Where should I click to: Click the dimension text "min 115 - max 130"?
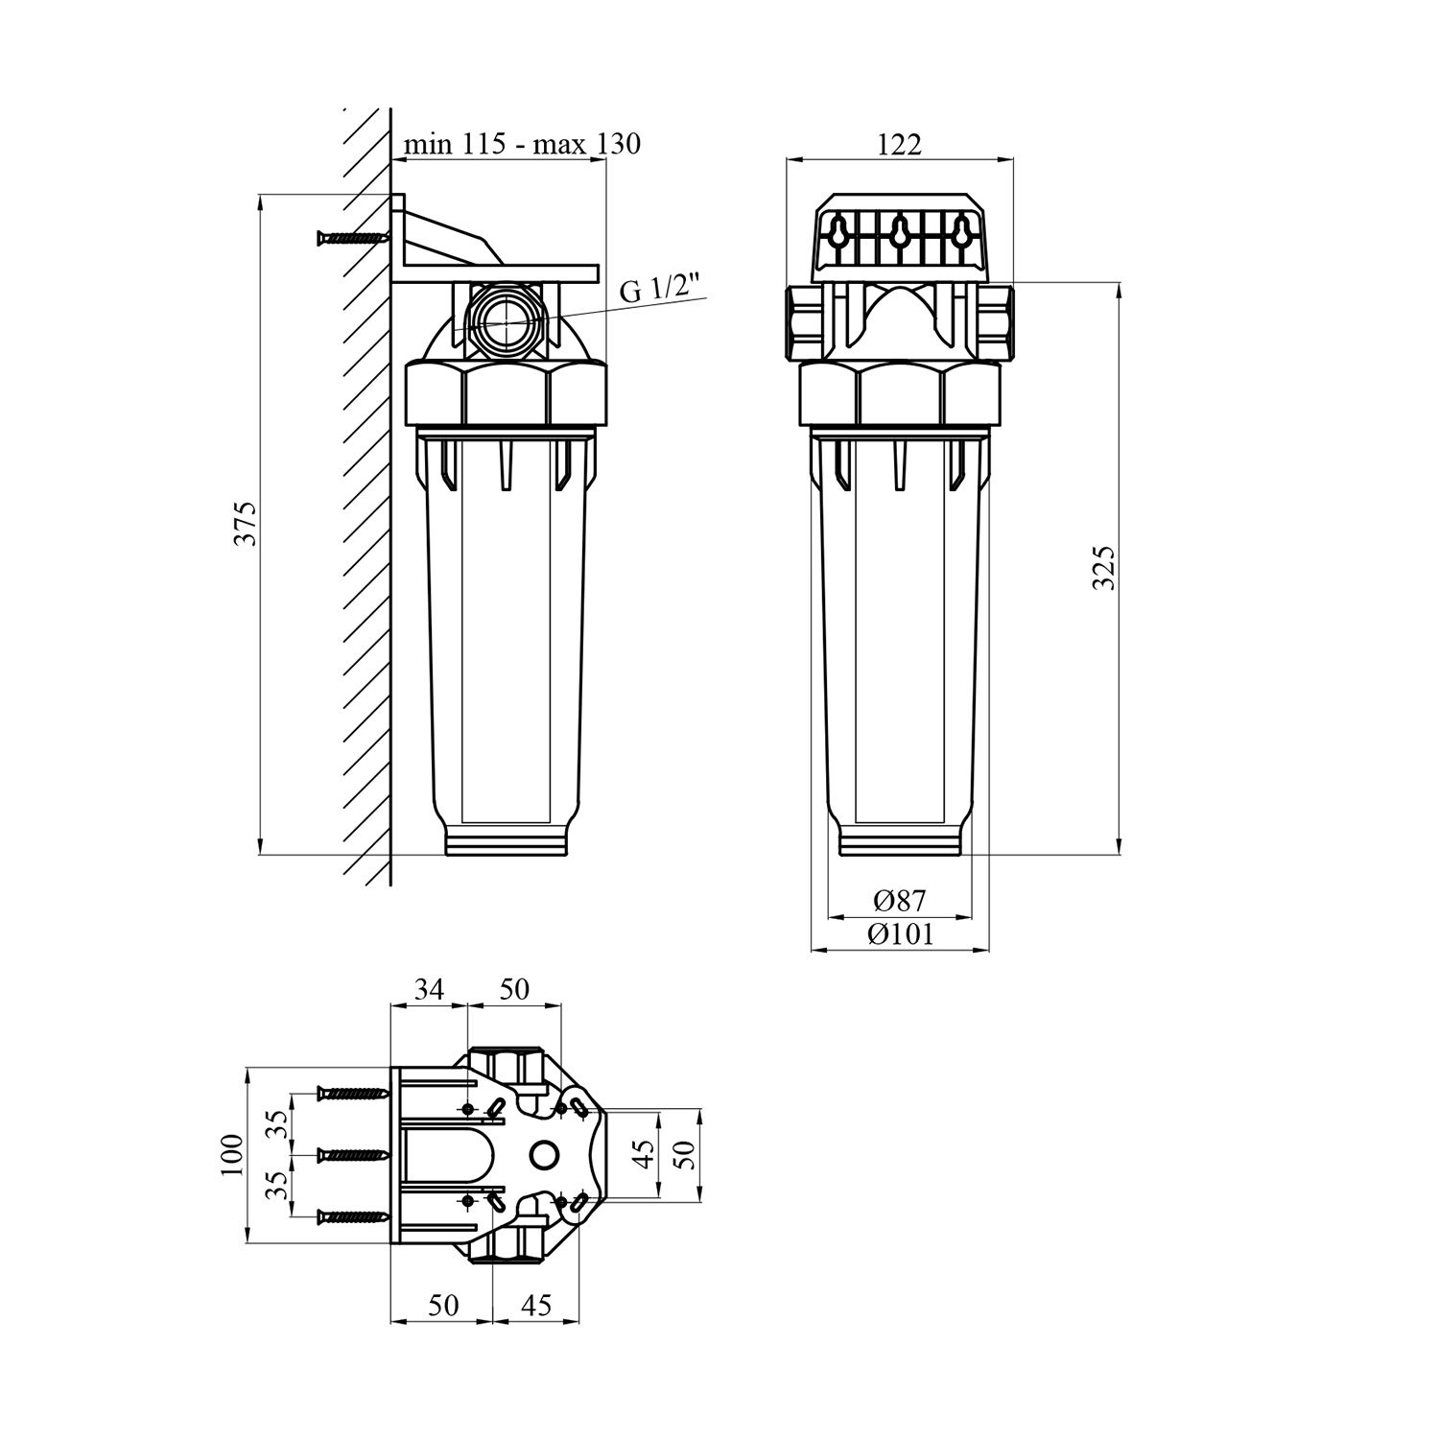[522, 144]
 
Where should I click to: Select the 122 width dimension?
[899, 144]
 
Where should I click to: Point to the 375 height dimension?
[248, 524]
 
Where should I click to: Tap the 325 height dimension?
[1104, 567]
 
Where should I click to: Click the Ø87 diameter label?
[899, 901]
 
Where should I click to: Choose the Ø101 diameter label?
[899, 934]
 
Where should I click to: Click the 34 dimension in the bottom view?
[429, 989]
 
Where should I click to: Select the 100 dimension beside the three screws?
[233, 1156]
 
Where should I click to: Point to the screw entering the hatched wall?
[349, 237]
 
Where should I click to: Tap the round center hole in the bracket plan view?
[543, 1155]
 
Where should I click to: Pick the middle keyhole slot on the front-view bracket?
[900, 230]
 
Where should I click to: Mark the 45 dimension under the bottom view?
[538, 1306]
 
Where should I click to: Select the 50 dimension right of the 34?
[514, 989]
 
